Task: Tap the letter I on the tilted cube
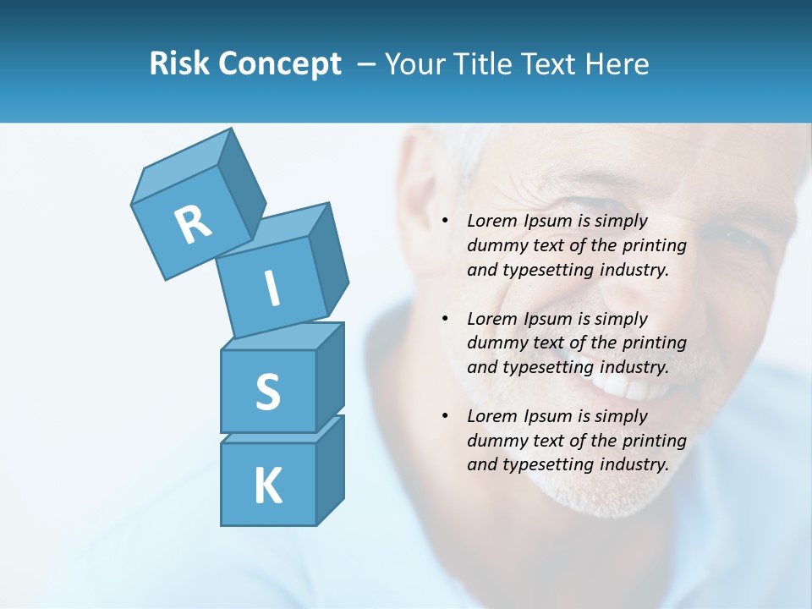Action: (x=272, y=288)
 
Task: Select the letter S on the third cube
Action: (x=267, y=392)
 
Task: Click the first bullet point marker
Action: (x=445, y=222)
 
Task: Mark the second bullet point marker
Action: (x=445, y=319)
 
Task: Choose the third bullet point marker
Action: (x=445, y=416)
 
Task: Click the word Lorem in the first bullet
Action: (x=490, y=222)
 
